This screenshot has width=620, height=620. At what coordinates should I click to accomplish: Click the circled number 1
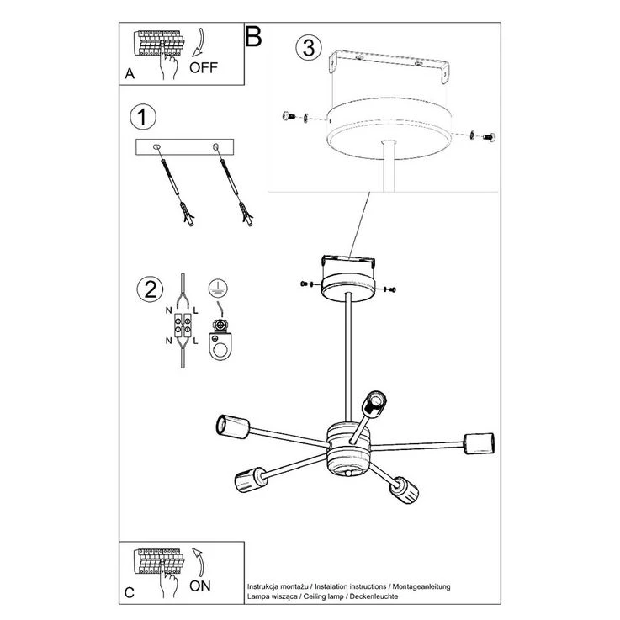click(143, 117)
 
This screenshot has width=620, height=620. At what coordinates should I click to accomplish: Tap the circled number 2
click(150, 289)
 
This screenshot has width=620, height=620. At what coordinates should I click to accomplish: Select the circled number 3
click(309, 47)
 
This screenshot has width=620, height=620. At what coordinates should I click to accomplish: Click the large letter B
click(253, 36)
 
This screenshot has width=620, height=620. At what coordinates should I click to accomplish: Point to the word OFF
click(204, 67)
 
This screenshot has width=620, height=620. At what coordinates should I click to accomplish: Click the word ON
click(200, 586)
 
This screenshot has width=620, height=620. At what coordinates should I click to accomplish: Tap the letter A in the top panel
click(130, 73)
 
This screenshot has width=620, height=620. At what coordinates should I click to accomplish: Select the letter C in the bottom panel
click(130, 593)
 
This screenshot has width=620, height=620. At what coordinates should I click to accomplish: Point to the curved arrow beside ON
click(199, 562)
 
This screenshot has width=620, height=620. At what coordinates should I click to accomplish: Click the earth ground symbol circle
click(218, 288)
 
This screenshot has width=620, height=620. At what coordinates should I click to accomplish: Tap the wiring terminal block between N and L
click(183, 325)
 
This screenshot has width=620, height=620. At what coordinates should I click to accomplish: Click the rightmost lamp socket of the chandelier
click(479, 443)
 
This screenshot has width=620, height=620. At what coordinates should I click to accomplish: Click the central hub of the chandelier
click(348, 451)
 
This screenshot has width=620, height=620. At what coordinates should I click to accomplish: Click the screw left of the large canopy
click(289, 116)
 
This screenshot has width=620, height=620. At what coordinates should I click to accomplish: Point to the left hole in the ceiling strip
click(157, 147)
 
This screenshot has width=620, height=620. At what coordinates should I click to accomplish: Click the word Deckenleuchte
click(374, 596)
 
